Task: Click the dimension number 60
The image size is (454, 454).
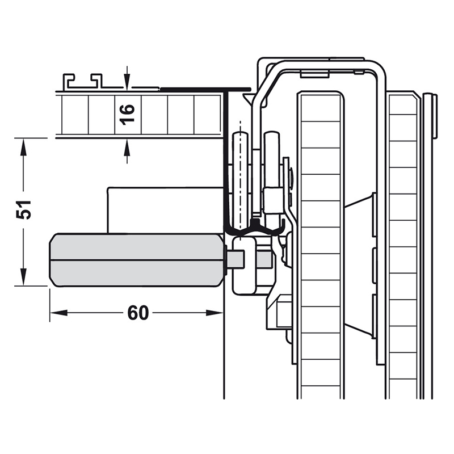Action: pos(138,313)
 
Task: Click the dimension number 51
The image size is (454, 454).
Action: pos(23,209)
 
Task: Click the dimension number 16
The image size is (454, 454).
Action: pos(128,115)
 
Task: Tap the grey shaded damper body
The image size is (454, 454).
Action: pos(137,260)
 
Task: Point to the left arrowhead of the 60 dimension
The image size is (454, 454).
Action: pos(58,313)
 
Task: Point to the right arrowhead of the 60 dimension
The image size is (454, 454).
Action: pos(215,313)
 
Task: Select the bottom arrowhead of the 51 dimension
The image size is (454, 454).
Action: pos(23,277)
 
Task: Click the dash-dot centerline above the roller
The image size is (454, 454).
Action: pos(240,174)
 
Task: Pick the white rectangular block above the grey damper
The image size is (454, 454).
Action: pos(166,210)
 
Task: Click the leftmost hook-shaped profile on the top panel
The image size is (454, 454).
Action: pos(69,81)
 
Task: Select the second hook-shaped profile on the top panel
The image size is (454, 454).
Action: pos(96,81)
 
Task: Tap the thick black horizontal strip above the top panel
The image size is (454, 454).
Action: pos(205,88)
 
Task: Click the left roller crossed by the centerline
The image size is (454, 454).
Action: pos(240,179)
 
